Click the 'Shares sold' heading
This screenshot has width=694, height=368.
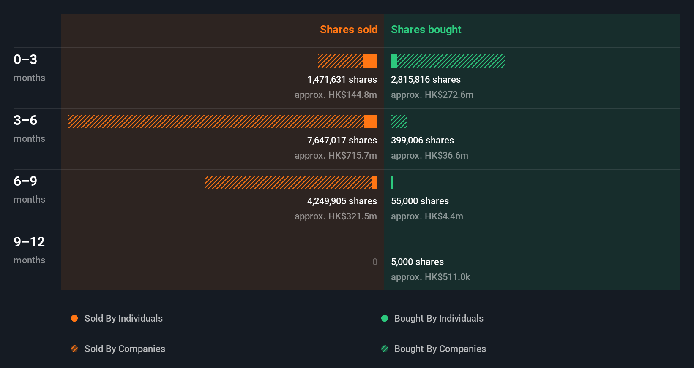coord(348,30)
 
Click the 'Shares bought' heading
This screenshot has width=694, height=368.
coord(426,30)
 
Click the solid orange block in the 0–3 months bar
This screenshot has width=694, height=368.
coord(370,61)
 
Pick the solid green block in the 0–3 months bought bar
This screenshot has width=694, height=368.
coord(394,61)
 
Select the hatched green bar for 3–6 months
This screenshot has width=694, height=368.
coord(399,122)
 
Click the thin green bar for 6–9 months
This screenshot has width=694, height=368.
coord(392,182)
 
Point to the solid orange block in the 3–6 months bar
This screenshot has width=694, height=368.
coord(371,122)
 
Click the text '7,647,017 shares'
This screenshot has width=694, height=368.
coord(342,140)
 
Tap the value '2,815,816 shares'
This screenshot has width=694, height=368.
coord(426,79)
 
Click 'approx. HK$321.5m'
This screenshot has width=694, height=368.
coord(336,216)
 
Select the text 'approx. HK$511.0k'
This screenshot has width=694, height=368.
coord(430,277)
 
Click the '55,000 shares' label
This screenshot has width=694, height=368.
coord(420,201)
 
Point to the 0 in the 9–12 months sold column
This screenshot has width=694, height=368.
coord(374,262)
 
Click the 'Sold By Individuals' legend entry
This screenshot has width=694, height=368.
coord(123,318)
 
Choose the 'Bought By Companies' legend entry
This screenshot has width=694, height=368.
coord(440,349)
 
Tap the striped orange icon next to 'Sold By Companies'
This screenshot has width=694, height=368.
coord(74,349)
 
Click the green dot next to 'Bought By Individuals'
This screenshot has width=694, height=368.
coord(385,318)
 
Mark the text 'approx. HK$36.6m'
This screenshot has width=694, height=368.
coord(429,155)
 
